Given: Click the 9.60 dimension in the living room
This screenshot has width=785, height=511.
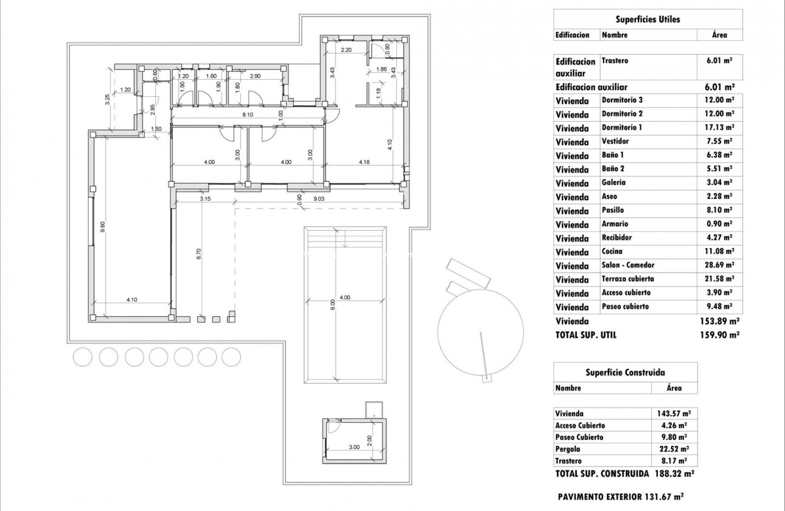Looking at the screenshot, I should pos(103,223).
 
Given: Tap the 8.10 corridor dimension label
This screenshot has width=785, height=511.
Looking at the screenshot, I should pos(248,114).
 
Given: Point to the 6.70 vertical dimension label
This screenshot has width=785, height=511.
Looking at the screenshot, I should pos(198,254).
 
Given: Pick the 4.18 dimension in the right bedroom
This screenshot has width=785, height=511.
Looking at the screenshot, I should pos(365,162).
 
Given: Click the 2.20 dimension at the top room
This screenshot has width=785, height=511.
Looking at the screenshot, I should pos(347,50).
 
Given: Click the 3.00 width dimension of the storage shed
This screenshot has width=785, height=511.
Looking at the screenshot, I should pos(355,447).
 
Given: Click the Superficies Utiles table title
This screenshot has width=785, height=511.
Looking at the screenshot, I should pos(648,19).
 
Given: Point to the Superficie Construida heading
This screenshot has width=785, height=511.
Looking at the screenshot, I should pos(625,372).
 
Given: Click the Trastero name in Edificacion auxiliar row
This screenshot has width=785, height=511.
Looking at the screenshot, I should pos(615,61).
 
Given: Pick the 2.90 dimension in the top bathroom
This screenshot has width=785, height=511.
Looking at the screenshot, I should pos(255,76).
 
